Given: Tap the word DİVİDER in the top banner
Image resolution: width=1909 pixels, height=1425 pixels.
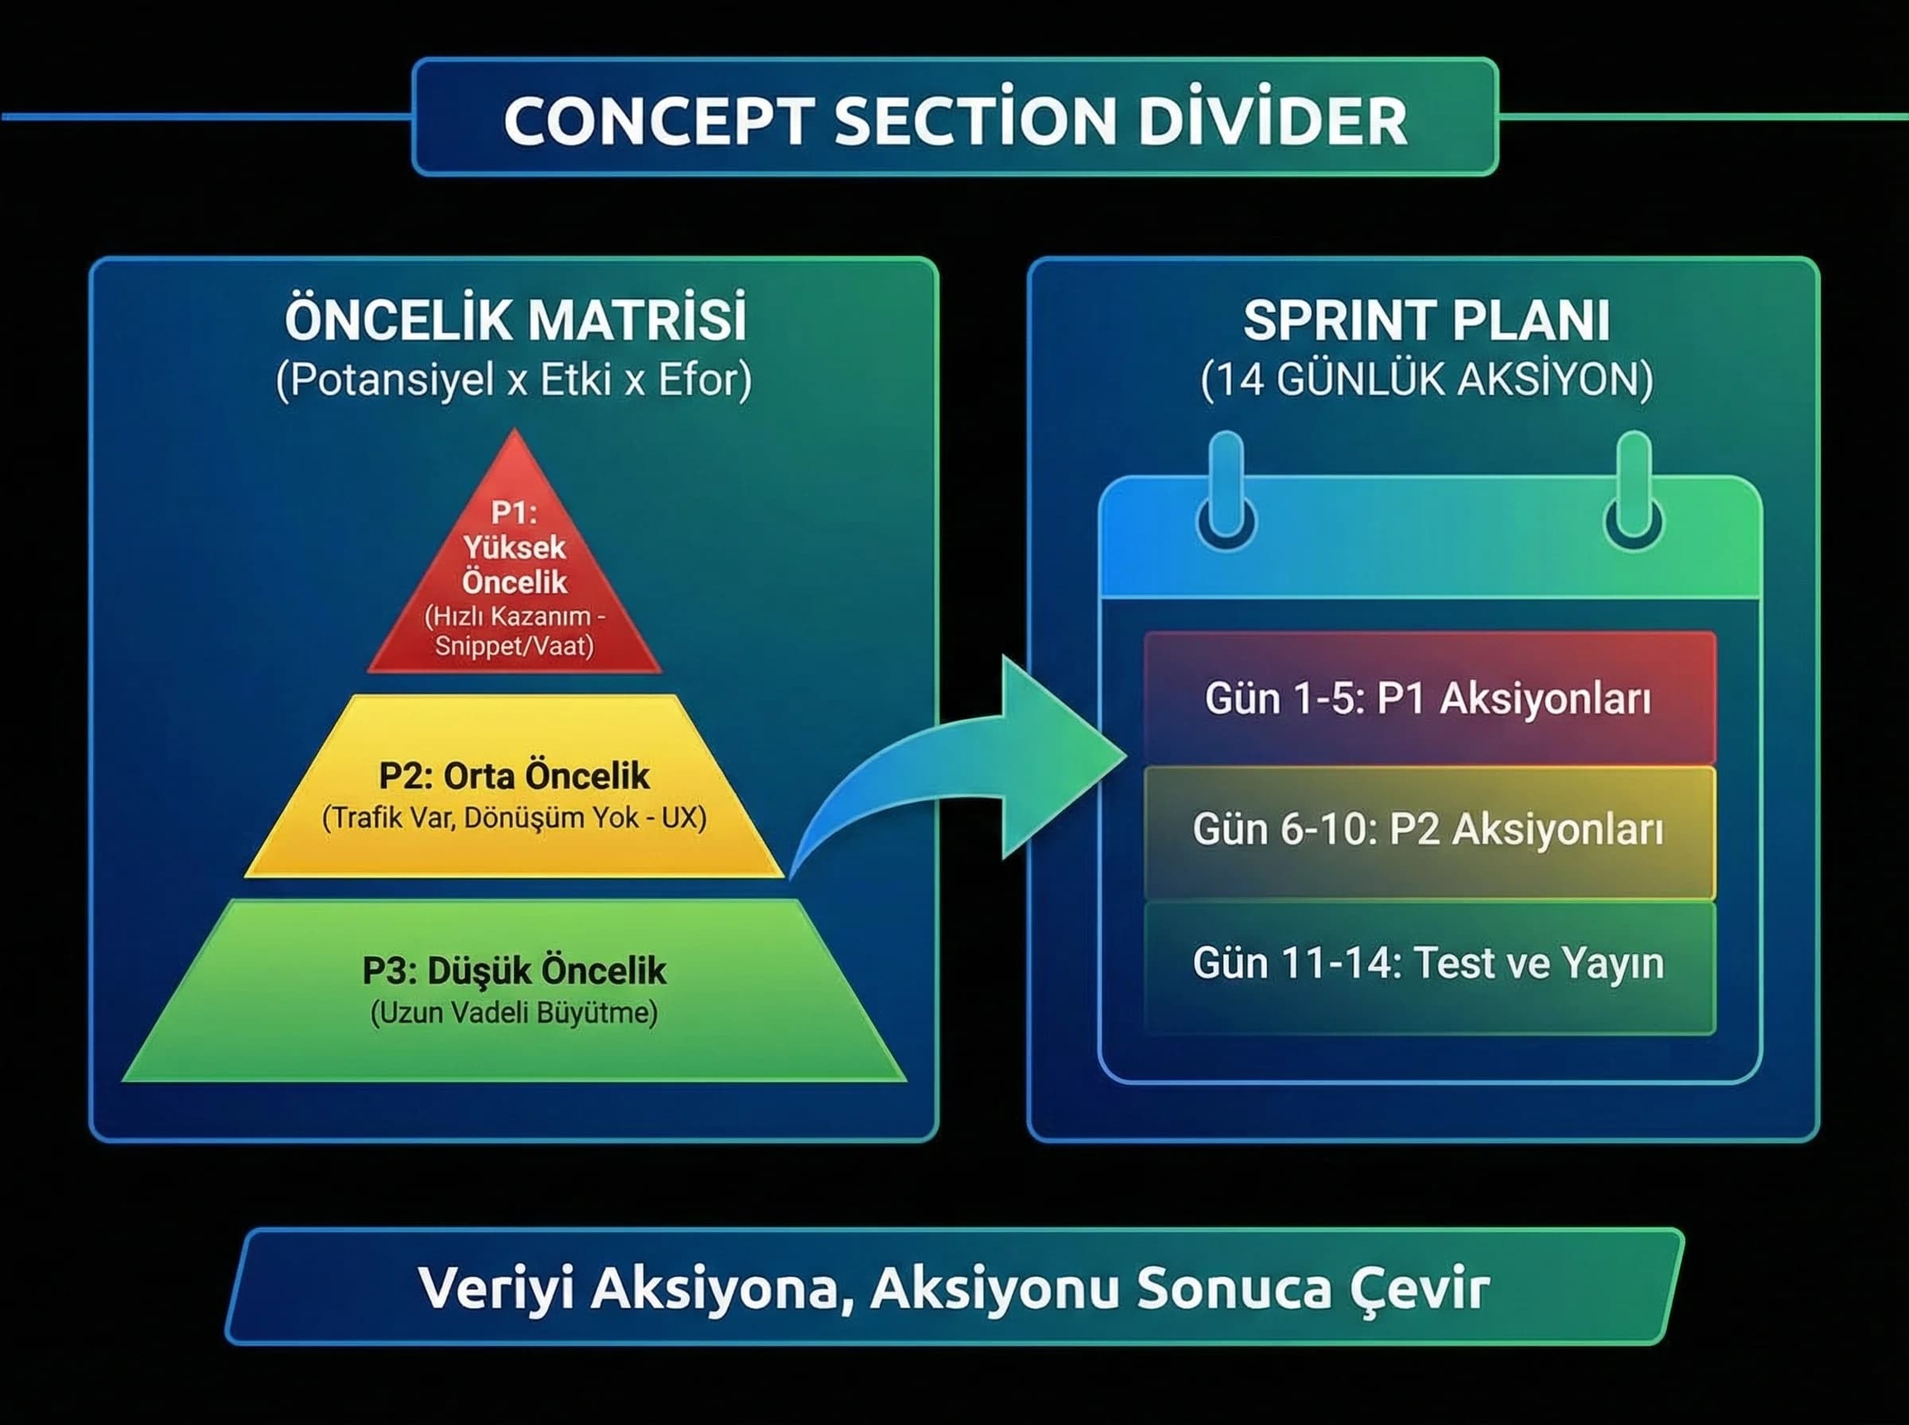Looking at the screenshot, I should click(1273, 120).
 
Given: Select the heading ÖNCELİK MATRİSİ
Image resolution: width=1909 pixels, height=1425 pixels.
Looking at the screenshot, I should click(515, 320).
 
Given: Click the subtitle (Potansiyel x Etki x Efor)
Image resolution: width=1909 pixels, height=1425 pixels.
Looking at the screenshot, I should click(514, 379).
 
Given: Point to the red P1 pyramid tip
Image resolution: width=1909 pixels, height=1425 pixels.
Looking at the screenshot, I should click(515, 552).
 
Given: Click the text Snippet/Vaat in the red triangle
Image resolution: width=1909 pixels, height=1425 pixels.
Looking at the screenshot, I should click(514, 645).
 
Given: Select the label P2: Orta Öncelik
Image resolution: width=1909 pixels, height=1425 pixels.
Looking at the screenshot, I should click(514, 775).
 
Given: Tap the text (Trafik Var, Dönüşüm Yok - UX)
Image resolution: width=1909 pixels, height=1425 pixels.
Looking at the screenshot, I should click(514, 817).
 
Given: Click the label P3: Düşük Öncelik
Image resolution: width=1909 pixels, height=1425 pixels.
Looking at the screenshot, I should click(514, 969).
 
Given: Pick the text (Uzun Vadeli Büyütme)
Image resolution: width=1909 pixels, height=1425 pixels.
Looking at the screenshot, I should click(514, 1011).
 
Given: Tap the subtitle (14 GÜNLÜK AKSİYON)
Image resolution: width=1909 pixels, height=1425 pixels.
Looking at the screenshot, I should click(1427, 379).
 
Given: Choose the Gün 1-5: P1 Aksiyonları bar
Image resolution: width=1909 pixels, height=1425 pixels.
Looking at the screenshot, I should click(1429, 698).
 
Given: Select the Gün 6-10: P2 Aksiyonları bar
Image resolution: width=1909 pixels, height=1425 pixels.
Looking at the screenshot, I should click(1429, 830).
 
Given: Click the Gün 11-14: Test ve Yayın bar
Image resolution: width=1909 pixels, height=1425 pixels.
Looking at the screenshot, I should click(1429, 964).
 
